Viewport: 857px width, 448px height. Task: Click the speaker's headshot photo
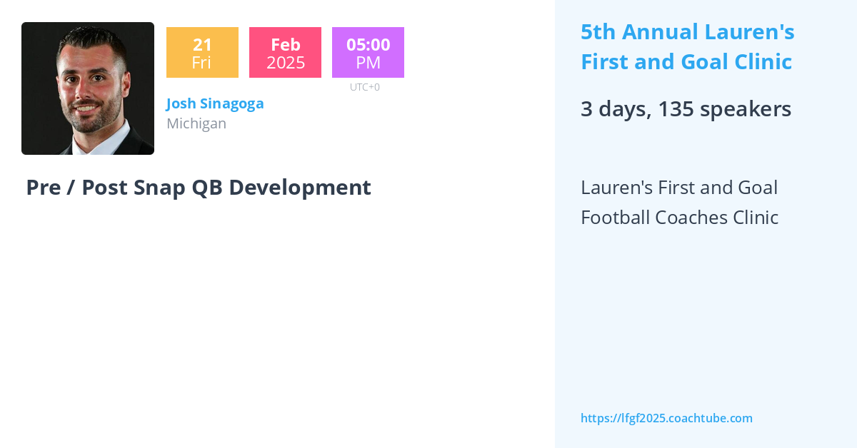[x=88, y=88]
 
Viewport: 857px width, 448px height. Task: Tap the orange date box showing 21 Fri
[x=202, y=53]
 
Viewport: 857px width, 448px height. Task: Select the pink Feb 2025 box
[x=285, y=53]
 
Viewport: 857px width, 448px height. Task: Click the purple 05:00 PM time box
[x=368, y=53]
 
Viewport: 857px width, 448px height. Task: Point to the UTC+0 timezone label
[x=365, y=87]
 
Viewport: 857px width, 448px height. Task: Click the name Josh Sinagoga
[x=215, y=103]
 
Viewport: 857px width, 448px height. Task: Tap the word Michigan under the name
[x=196, y=123]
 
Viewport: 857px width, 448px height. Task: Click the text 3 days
[x=613, y=109]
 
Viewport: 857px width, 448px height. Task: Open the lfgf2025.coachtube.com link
[x=666, y=419]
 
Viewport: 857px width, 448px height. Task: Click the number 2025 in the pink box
[x=286, y=63]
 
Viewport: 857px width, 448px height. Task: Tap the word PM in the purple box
[x=368, y=63]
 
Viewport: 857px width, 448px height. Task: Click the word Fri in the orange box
[x=201, y=63]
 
